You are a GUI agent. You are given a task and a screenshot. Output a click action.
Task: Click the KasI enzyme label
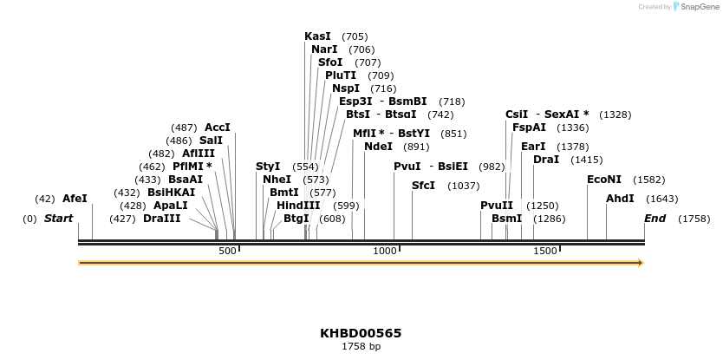(317, 36)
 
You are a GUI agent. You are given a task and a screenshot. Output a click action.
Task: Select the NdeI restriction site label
(378, 147)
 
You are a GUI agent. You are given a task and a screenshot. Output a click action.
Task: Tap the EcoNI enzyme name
(604, 180)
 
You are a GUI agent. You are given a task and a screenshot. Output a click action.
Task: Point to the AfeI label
(75, 199)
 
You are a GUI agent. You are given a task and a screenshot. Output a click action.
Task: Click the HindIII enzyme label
(298, 206)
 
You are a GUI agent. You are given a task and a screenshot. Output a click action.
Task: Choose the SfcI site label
(423, 186)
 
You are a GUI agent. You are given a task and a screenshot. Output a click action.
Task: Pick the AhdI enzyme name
(620, 199)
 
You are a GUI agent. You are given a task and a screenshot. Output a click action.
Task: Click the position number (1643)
(662, 199)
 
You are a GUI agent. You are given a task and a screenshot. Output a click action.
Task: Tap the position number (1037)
(463, 186)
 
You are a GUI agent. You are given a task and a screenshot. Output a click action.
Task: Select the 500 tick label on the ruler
(227, 251)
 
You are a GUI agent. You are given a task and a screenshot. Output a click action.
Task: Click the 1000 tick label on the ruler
(384, 251)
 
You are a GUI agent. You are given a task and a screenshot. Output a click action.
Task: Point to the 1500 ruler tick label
(544, 251)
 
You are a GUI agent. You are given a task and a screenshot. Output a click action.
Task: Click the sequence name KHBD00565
(361, 333)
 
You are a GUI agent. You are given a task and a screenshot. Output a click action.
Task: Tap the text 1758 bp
(361, 347)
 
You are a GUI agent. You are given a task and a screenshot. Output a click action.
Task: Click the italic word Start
(58, 219)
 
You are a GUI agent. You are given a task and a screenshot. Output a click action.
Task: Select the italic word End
(655, 219)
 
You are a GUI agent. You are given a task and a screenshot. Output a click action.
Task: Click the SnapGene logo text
(695, 7)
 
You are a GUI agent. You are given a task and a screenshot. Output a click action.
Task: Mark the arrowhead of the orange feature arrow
(641, 262)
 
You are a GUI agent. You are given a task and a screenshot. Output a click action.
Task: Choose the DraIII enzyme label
(161, 219)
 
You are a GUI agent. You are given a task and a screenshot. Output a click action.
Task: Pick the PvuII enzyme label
(496, 206)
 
